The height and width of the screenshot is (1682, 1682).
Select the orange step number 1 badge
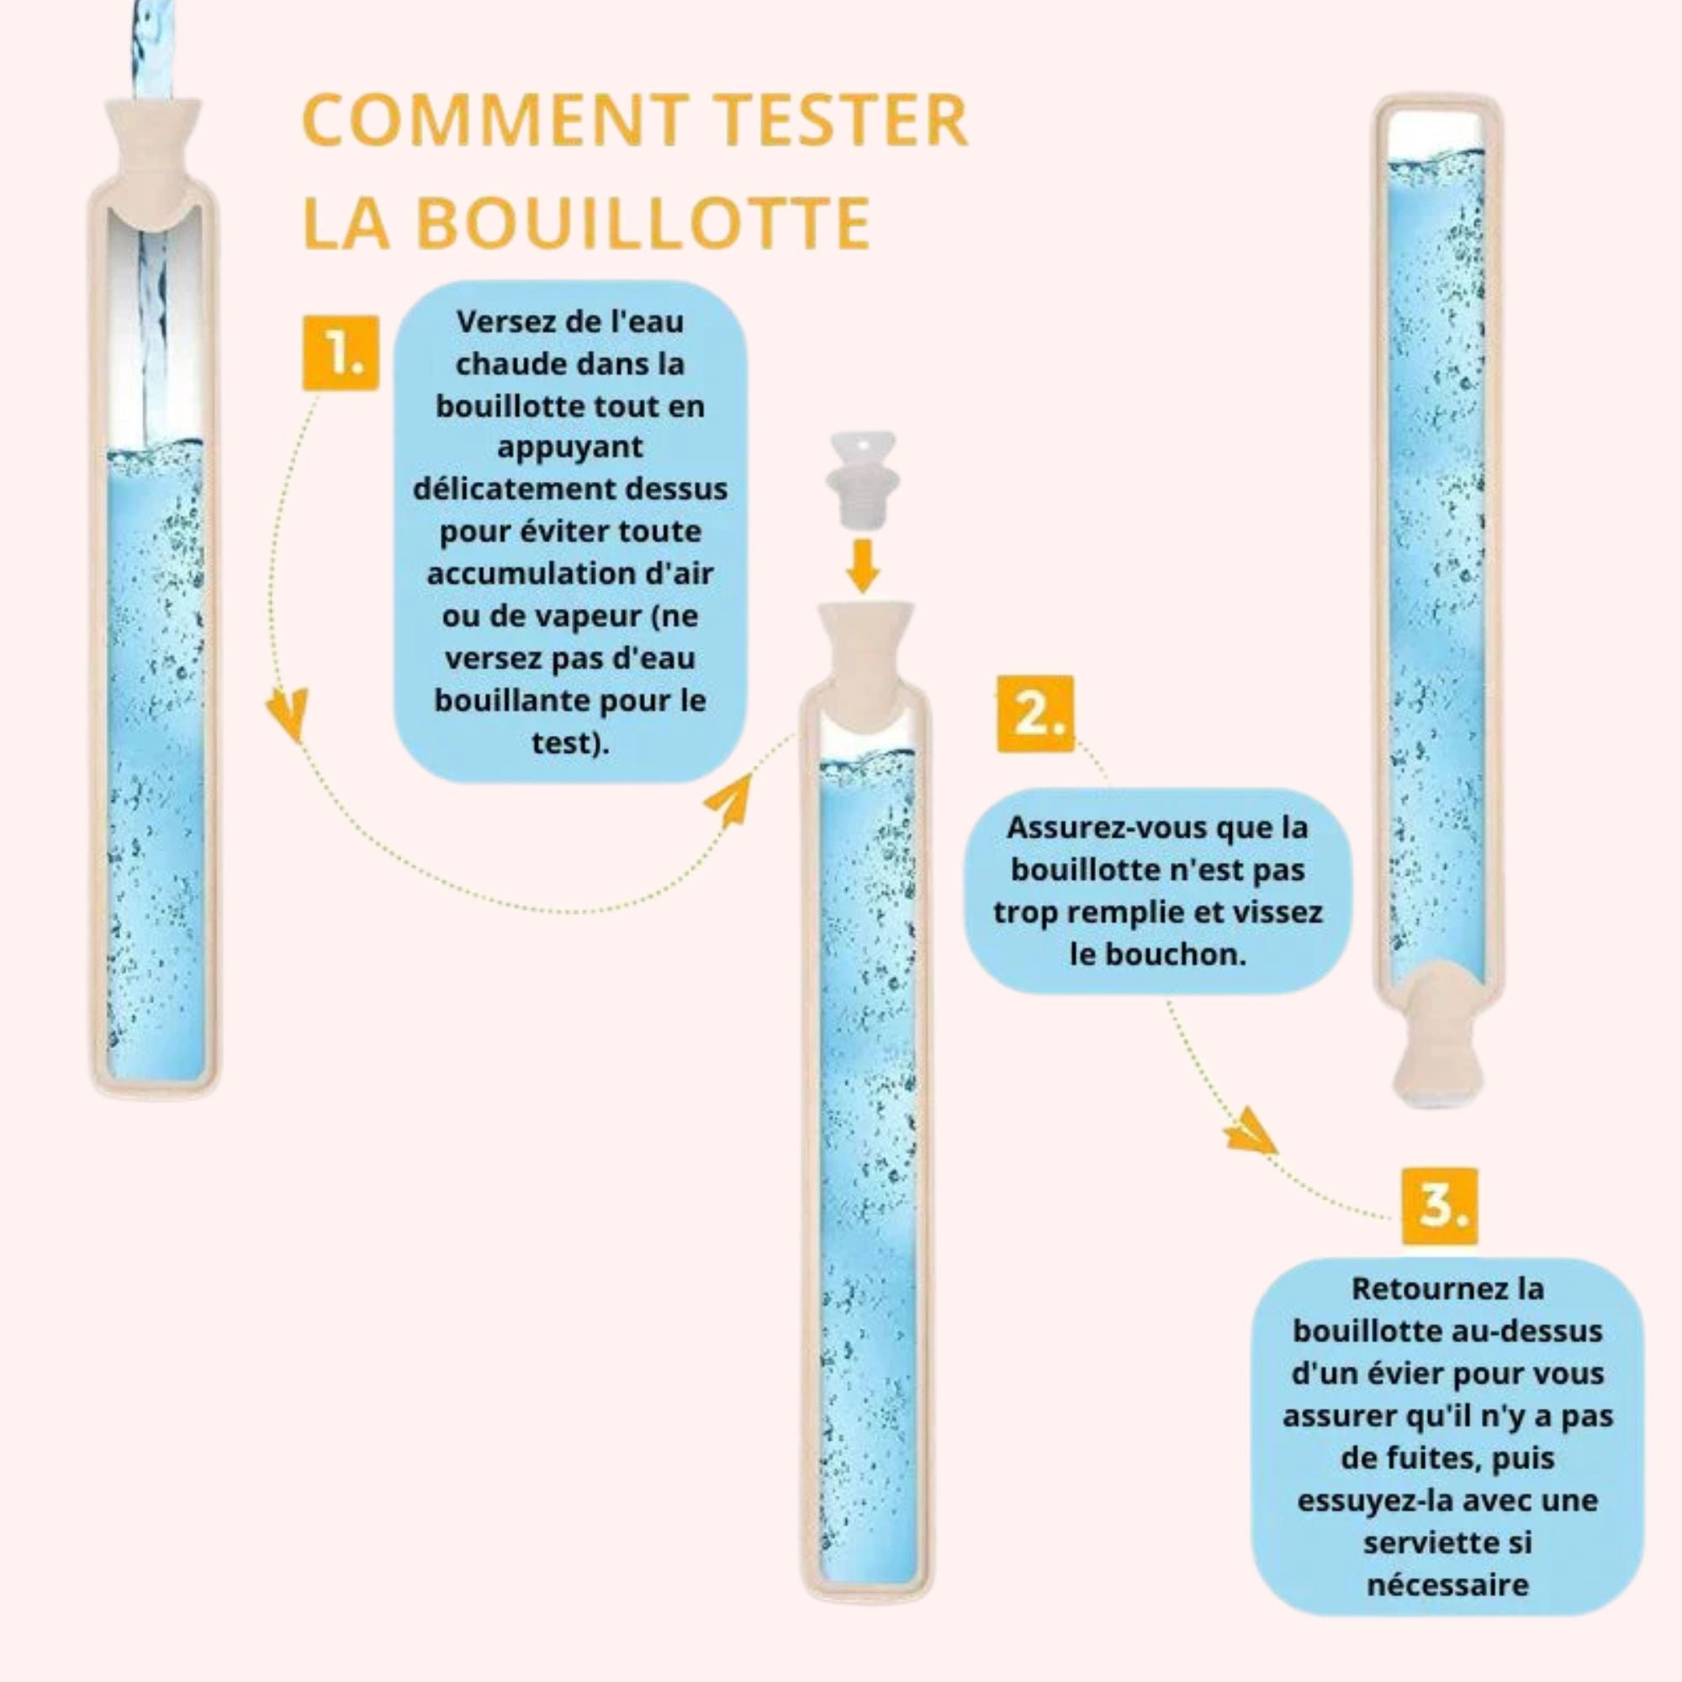(341, 352)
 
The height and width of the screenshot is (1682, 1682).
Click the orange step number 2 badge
(1035, 714)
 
